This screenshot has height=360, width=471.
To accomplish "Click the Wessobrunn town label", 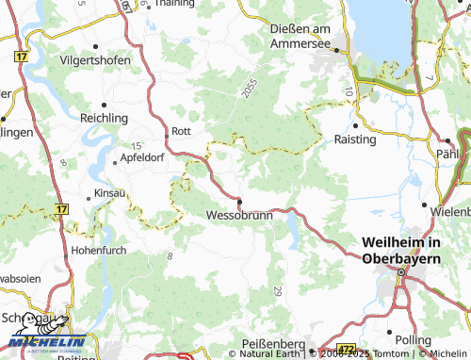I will pos(239,216).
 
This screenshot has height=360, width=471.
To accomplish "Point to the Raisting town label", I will pos(355,139).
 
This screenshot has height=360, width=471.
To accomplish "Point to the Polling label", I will pos(414,339).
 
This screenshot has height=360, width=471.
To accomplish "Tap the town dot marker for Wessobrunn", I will pos(240,201).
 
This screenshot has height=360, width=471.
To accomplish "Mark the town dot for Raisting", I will pos(355,124).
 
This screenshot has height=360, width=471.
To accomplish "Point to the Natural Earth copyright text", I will pos(270,354).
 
